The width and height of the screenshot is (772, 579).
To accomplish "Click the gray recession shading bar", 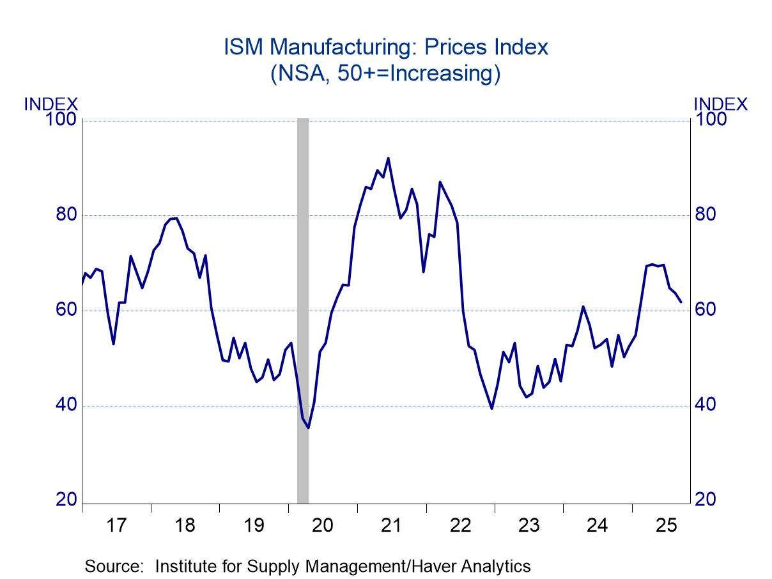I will pyautogui.click(x=303, y=307).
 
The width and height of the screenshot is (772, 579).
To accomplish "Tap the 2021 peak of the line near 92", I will pyautogui.click(x=388, y=158).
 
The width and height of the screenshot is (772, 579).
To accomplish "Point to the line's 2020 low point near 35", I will pyautogui.click(x=309, y=428).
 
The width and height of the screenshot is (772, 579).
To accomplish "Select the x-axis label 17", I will pyautogui.click(x=116, y=526).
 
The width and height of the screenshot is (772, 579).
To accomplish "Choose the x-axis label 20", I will pyautogui.click(x=322, y=526).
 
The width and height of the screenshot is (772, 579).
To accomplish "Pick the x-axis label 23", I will pyautogui.click(x=529, y=526).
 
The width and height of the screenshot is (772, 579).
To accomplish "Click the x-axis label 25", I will pyautogui.click(x=666, y=526).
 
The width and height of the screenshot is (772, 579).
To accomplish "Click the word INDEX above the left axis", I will pyautogui.click(x=51, y=104).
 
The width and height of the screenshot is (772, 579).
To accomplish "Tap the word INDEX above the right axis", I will pyautogui.click(x=720, y=104).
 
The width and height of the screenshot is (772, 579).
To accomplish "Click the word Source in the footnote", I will pyautogui.click(x=112, y=566).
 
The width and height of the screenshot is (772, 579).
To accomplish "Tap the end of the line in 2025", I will pyautogui.click(x=681, y=302).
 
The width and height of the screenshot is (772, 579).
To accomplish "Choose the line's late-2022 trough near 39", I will pyautogui.click(x=491, y=408).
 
